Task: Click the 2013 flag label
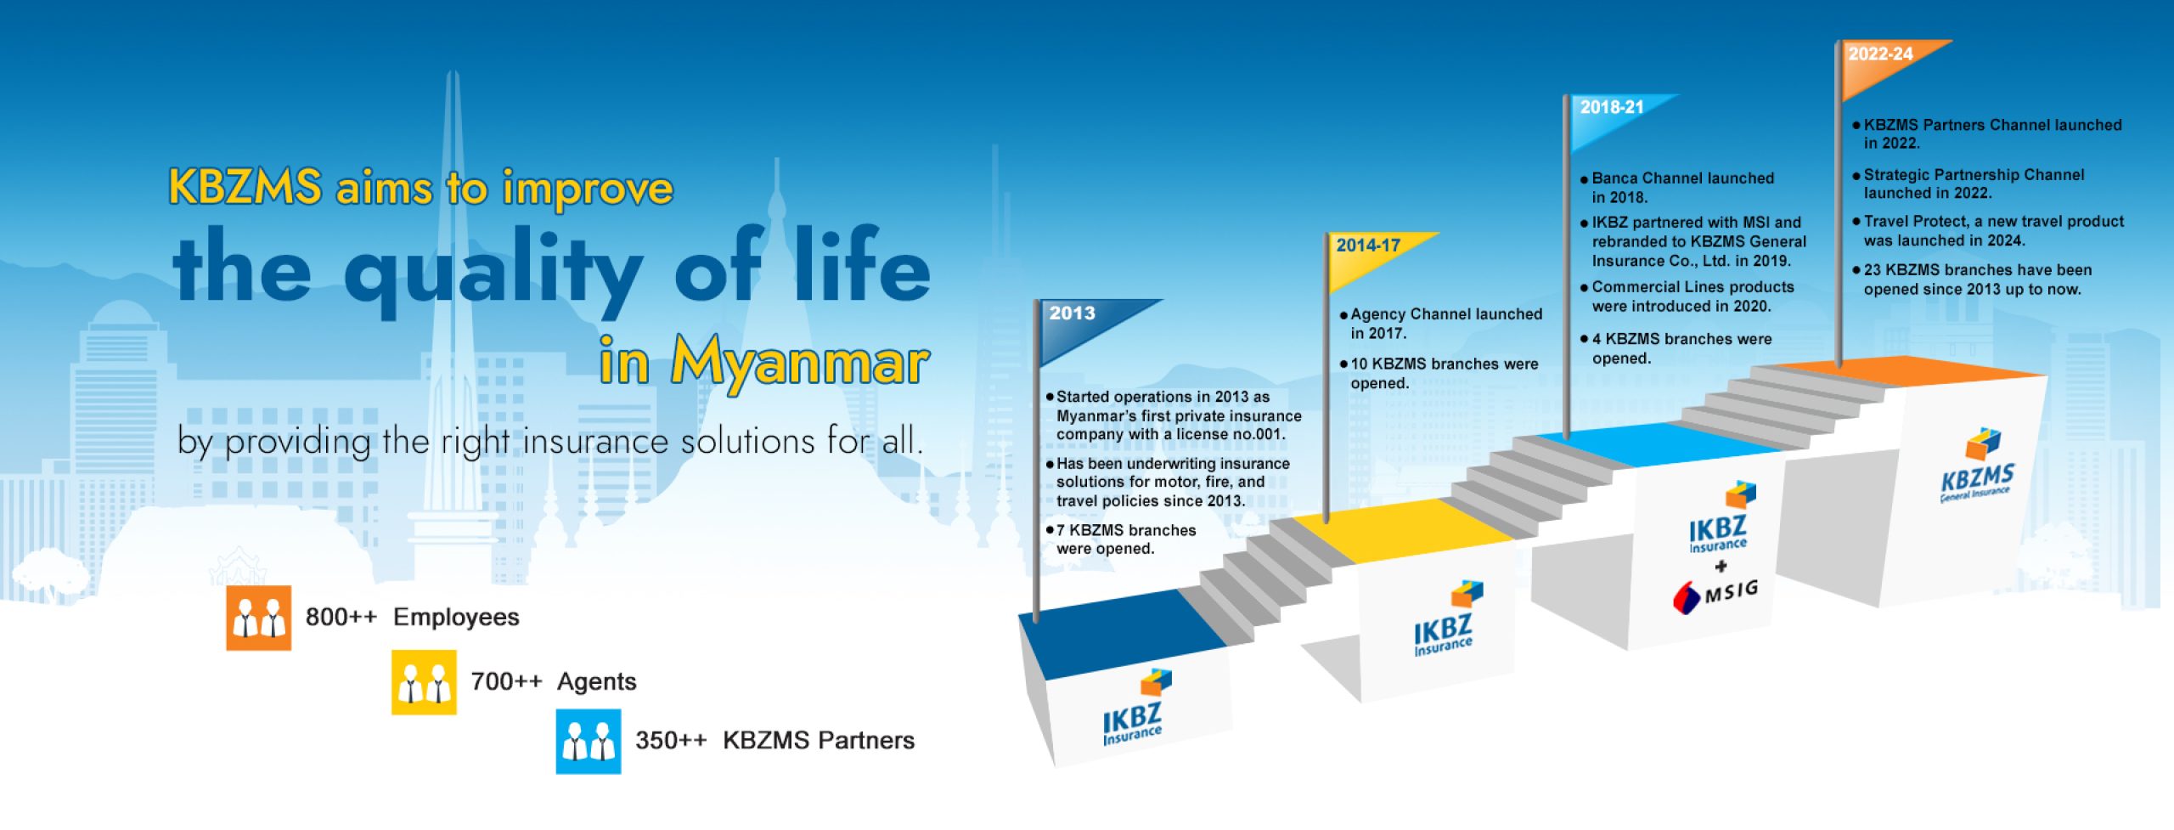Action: tap(1072, 313)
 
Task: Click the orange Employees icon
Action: tap(258, 618)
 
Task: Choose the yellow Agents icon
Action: tap(424, 682)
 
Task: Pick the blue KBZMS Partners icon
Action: tap(589, 742)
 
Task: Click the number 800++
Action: tap(341, 617)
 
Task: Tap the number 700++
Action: tap(506, 681)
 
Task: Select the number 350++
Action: tap(671, 740)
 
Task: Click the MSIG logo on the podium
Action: tap(1715, 594)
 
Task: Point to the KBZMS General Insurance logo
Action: tap(1978, 466)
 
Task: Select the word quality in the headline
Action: tap(493, 270)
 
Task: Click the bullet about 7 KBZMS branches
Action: tap(1122, 539)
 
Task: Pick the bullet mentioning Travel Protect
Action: tap(1988, 231)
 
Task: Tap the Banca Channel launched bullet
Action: tap(1677, 188)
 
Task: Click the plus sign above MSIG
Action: tap(1721, 567)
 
